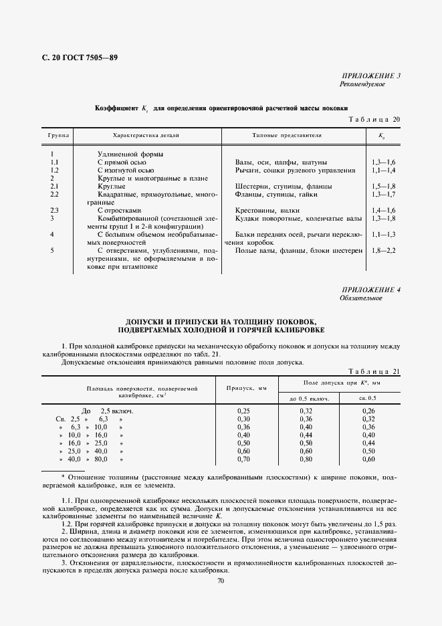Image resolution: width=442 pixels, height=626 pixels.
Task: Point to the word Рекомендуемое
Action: pyautogui.click(x=362, y=84)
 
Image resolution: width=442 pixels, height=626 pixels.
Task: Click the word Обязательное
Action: pyautogui.click(x=361, y=298)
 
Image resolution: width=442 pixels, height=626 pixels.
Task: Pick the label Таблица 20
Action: pyautogui.click(x=374, y=119)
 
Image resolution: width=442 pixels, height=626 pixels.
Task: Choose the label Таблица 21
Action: pyautogui.click(x=374, y=371)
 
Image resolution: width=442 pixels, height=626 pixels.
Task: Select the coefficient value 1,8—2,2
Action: pyautogui.click(x=383, y=250)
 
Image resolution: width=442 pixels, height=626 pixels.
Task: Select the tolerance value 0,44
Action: pyautogui.click(x=368, y=443)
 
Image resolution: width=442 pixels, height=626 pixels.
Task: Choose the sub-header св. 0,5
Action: pyautogui.click(x=368, y=398)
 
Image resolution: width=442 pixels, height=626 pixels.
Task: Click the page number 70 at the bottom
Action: pyautogui.click(x=221, y=581)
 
